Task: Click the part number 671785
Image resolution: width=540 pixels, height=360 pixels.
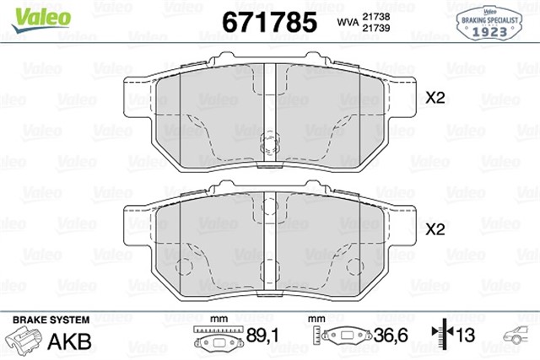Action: pyautogui.click(x=268, y=21)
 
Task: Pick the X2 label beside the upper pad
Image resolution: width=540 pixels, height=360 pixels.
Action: pyautogui.click(x=435, y=98)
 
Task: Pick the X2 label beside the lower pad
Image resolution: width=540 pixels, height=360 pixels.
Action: pyautogui.click(x=435, y=228)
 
